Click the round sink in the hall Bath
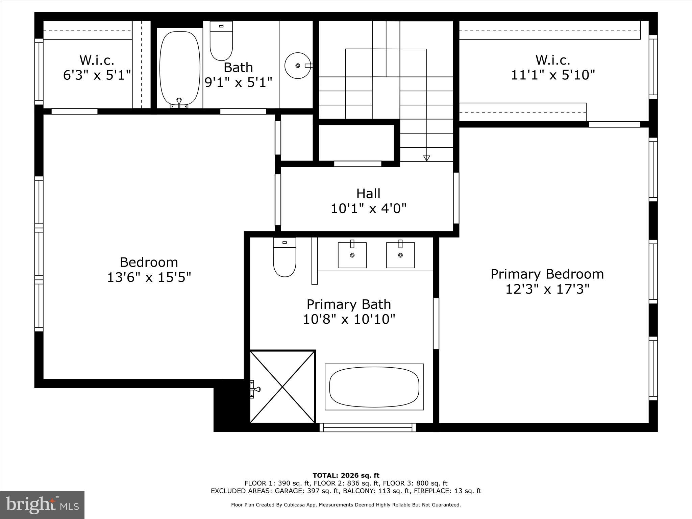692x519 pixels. pos(297,66)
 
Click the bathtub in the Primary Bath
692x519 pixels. pos(374,387)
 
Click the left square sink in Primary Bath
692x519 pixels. pos(352,255)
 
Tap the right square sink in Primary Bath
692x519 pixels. pos(400,255)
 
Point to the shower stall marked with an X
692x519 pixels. pos(282,387)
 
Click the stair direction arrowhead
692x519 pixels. pos(427,158)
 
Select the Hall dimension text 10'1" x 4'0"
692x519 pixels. pos(368,208)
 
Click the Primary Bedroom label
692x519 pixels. pos(547,274)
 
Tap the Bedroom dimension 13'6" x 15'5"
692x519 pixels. pos(149,277)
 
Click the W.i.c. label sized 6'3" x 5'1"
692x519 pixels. pos(97,60)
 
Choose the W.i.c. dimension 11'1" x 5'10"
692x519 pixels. pos(553,75)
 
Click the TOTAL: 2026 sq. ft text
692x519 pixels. pos(346,475)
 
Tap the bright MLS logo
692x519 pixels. pos(42,505)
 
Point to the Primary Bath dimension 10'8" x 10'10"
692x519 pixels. pos(349,319)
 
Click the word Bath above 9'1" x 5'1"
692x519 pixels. pos(238,68)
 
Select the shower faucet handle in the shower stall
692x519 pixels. pos(255,389)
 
